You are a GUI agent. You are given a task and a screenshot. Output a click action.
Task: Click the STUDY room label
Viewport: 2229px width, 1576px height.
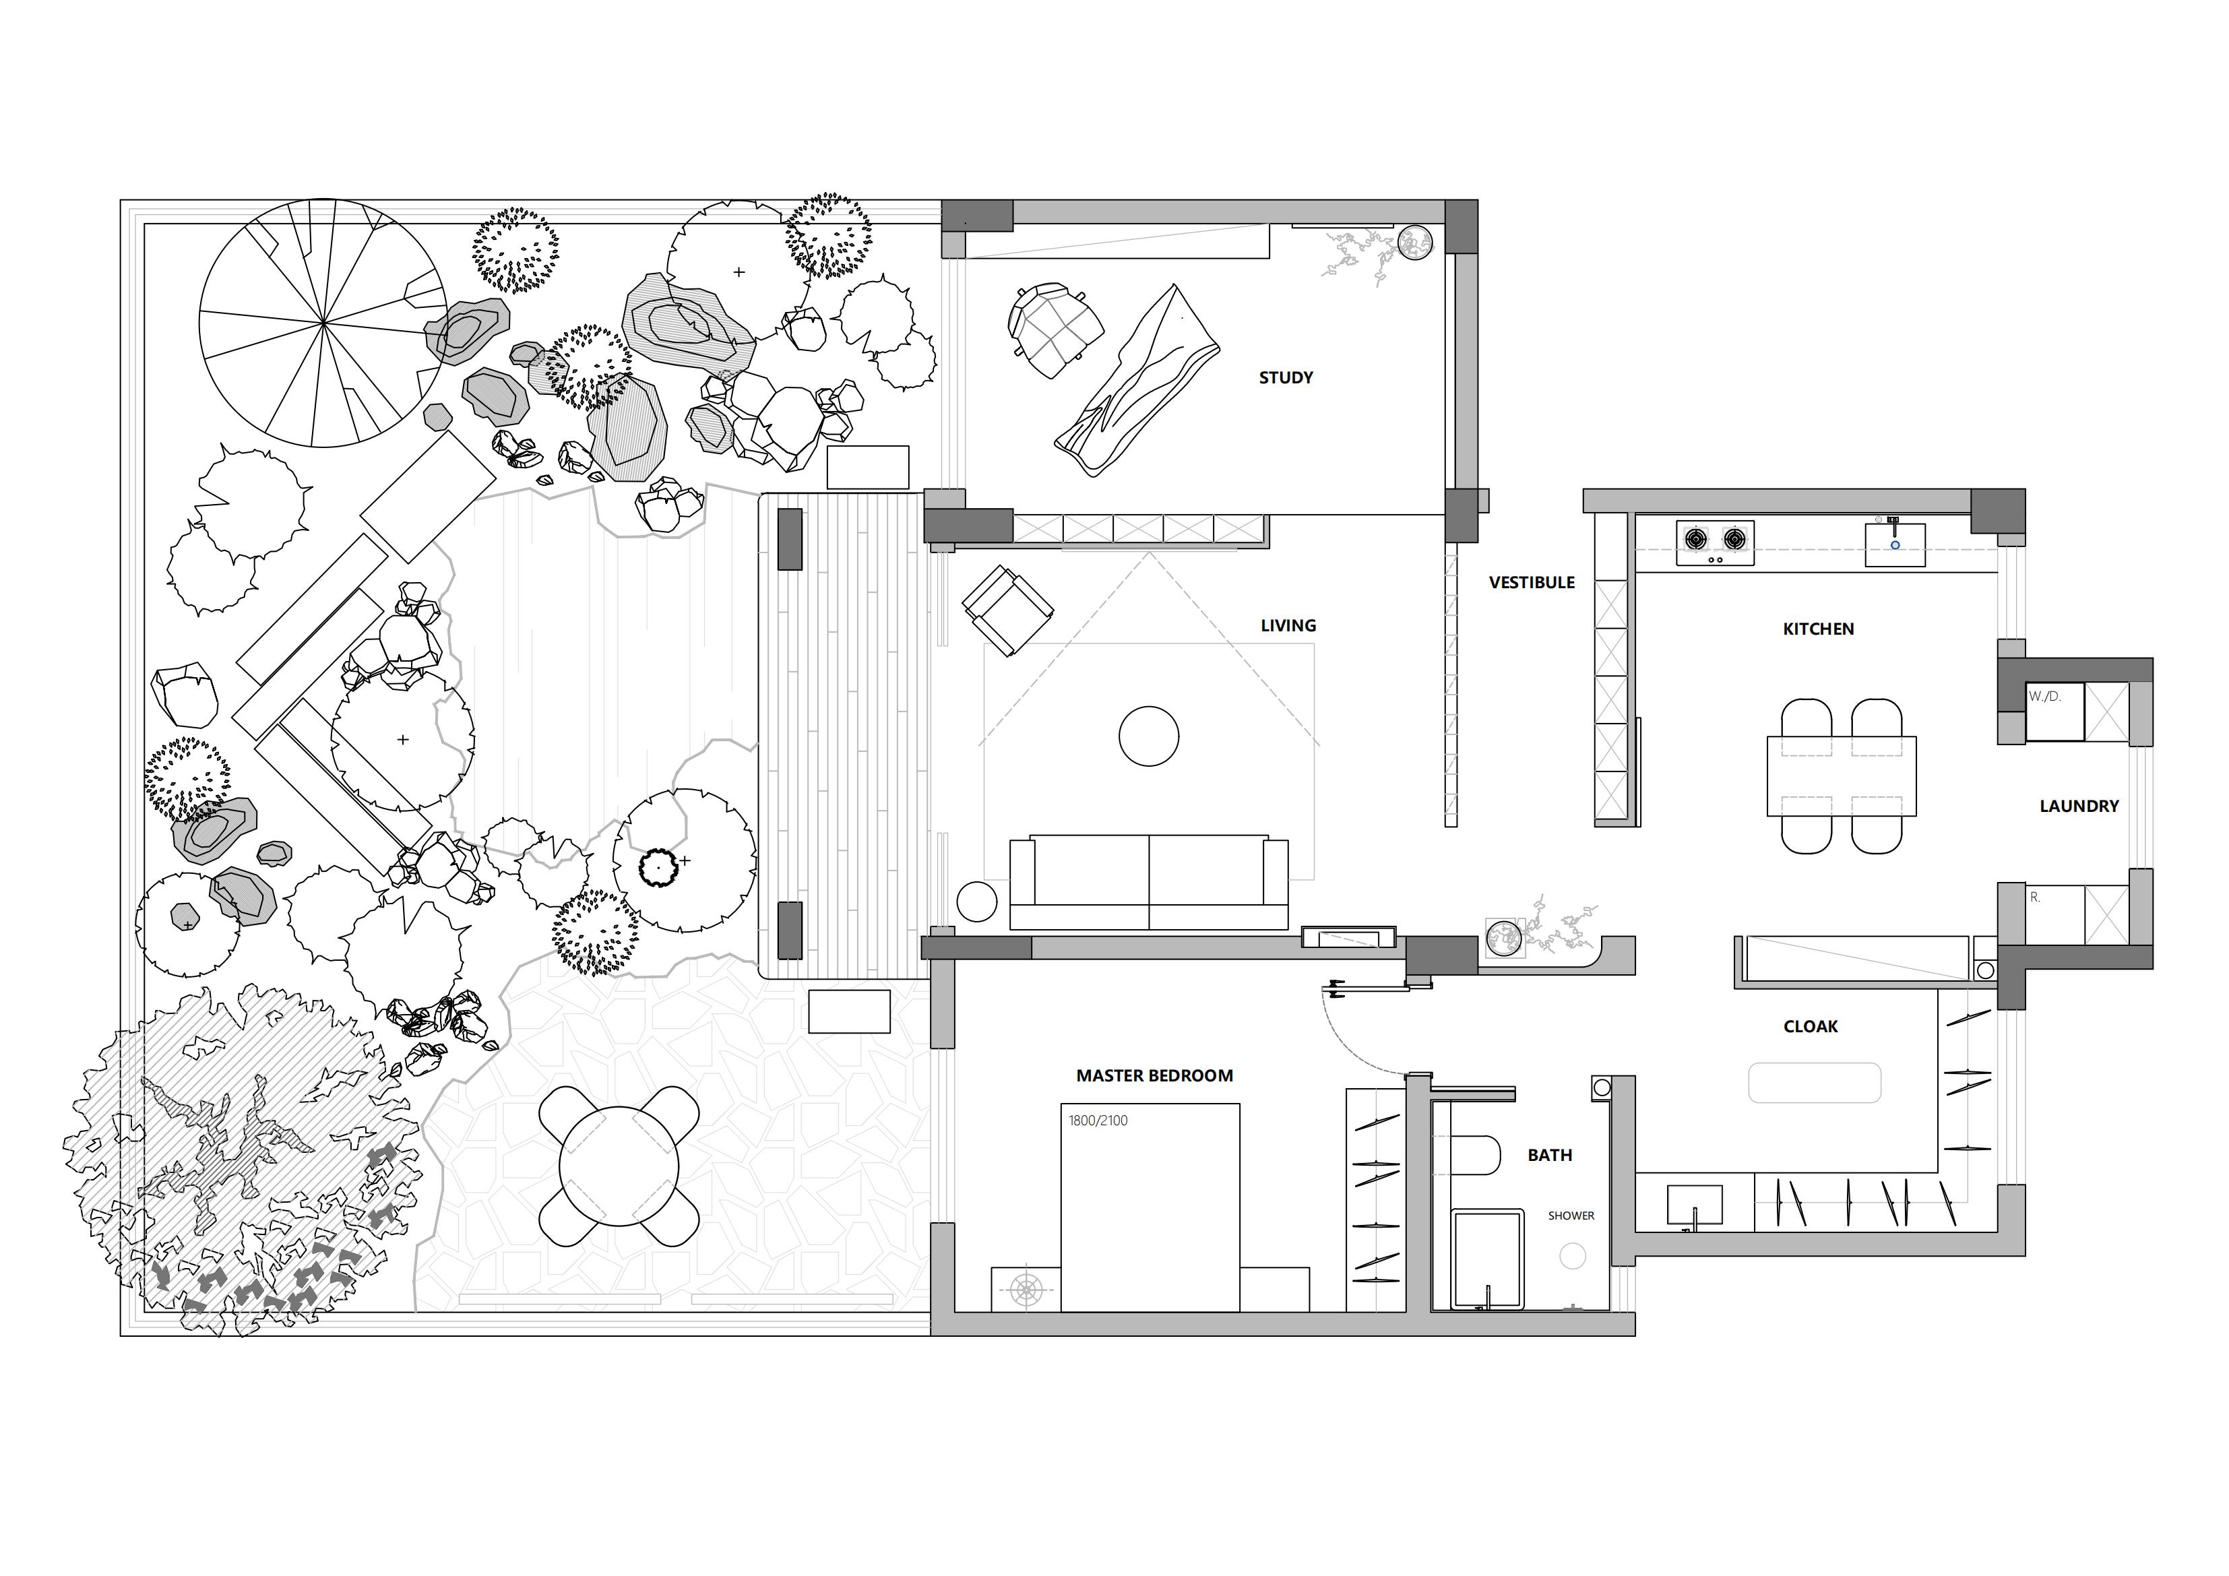pos(1286,378)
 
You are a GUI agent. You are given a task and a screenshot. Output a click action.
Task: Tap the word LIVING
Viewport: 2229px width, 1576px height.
pos(1288,625)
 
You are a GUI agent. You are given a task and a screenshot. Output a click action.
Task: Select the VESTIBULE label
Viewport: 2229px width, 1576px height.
pos(1532,583)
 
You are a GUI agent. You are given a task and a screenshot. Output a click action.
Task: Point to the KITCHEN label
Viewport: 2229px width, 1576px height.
pos(1819,629)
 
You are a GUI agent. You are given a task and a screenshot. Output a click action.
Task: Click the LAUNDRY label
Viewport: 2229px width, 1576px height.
pos(2079,806)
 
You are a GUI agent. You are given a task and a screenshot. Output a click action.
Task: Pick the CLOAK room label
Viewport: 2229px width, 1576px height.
pos(1811,1026)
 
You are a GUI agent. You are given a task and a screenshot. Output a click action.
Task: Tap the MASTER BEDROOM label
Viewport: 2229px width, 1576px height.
pos(1154,1076)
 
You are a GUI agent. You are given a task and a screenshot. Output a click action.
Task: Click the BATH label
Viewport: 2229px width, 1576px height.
pos(1549,1155)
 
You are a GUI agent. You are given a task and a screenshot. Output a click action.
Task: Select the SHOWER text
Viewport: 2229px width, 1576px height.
pos(1571,1216)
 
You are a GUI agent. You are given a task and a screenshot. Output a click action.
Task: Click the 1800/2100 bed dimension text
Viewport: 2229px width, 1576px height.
pos(1098,1121)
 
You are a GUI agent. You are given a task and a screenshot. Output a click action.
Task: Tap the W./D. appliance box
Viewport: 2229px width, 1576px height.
pos(2054,712)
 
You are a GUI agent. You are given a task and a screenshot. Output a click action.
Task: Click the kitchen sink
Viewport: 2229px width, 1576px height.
pos(1894,544)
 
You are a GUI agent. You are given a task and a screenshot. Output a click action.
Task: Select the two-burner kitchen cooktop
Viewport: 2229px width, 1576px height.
pos(1714,543)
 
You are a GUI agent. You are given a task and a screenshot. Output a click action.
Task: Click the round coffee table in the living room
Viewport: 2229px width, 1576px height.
pos(1148,736)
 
